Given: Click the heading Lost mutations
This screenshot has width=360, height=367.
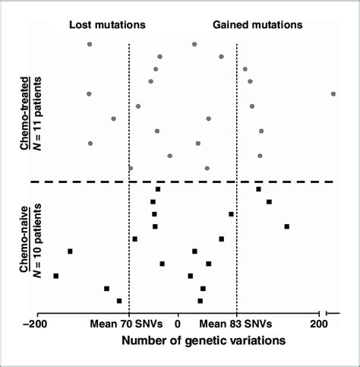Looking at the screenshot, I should (107, 24).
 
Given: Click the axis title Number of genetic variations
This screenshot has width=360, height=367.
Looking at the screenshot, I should (203, 341).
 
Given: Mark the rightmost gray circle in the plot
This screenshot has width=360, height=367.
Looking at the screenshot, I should (333, 93).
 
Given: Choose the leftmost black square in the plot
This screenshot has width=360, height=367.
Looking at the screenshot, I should (55, 276).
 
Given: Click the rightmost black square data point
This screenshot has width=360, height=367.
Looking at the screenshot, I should (287, 226).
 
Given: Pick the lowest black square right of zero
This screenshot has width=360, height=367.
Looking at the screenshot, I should (200, 301).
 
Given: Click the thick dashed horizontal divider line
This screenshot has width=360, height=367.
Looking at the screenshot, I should (182, 182).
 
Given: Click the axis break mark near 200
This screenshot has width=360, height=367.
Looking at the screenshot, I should (326, 312).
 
